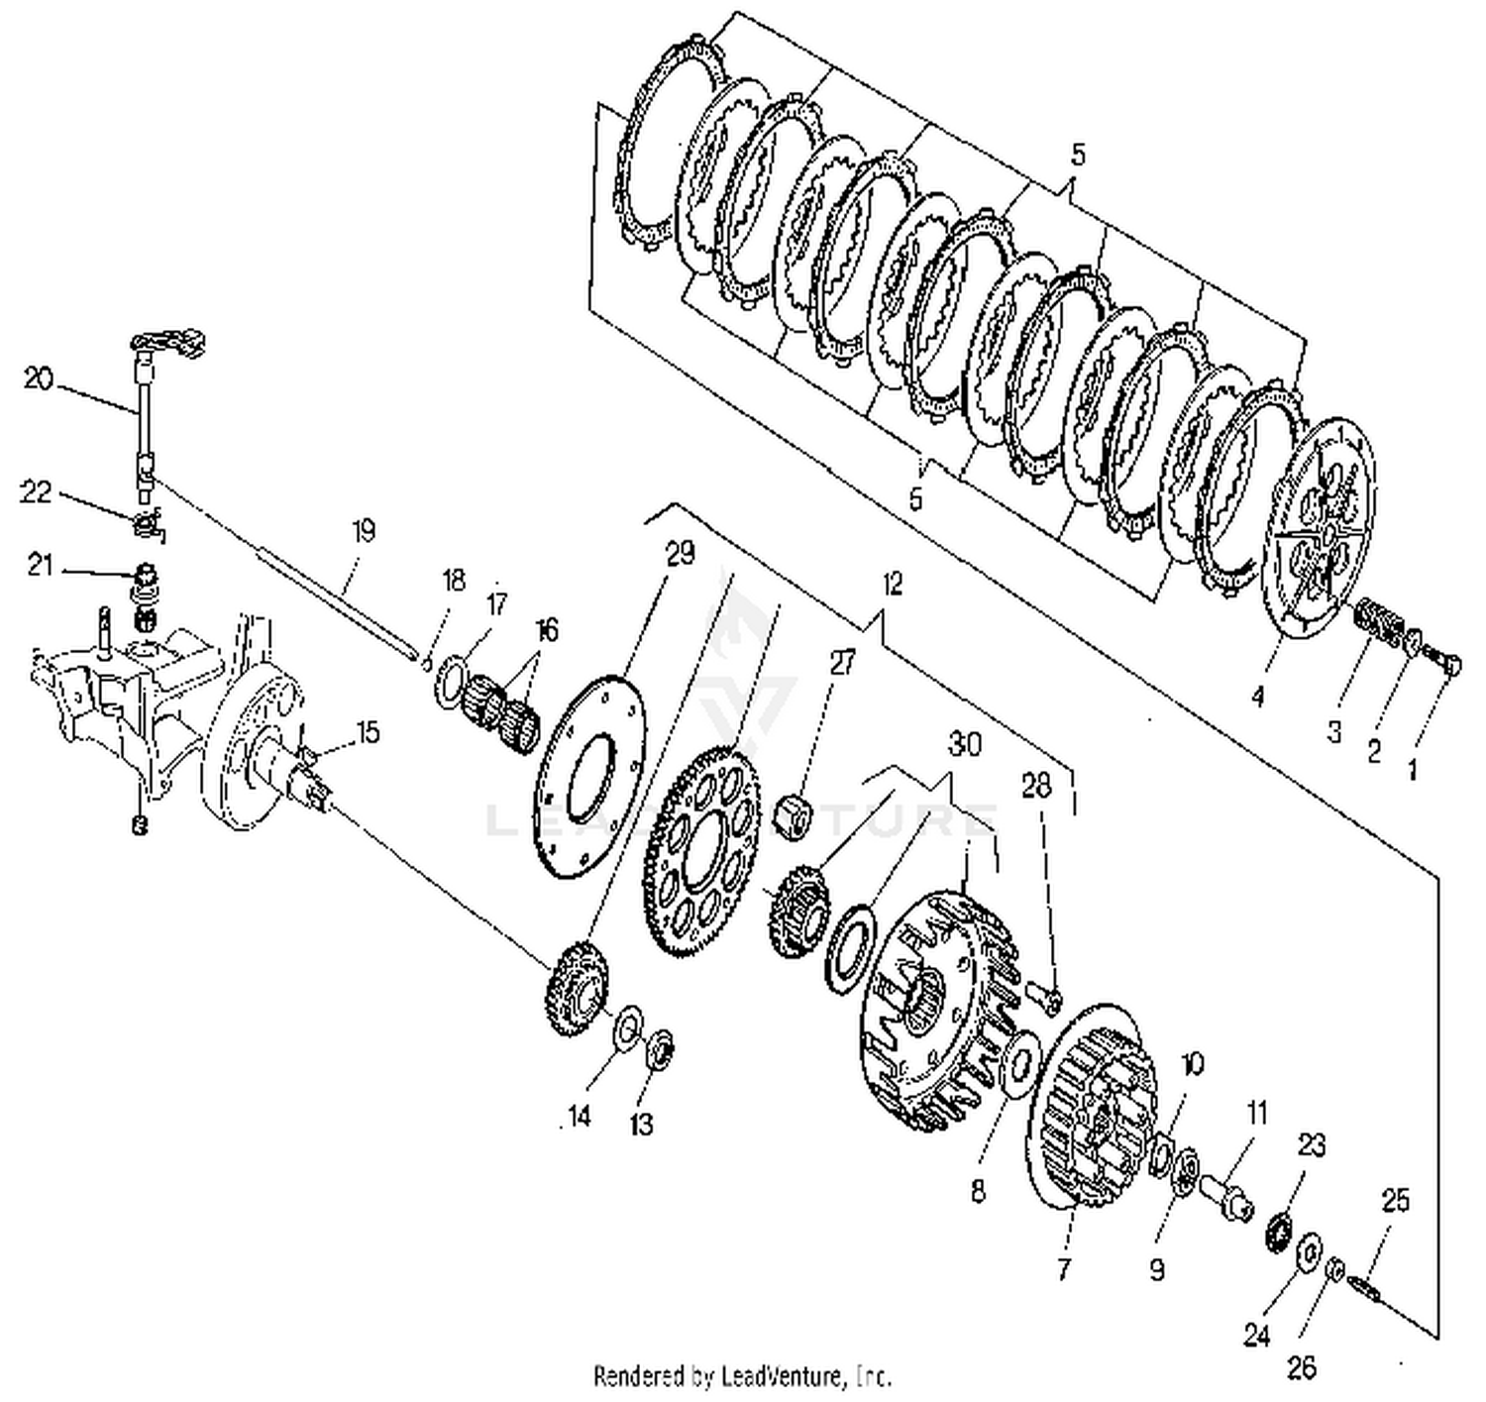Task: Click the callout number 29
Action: pos(681,553)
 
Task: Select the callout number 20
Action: pos(38,378)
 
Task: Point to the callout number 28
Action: pos(1035,787)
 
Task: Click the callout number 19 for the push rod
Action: pos(364,531)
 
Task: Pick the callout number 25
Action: pos(1395,1200)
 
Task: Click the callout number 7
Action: pos(1064,1269)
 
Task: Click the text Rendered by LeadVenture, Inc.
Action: pos(742,1375)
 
